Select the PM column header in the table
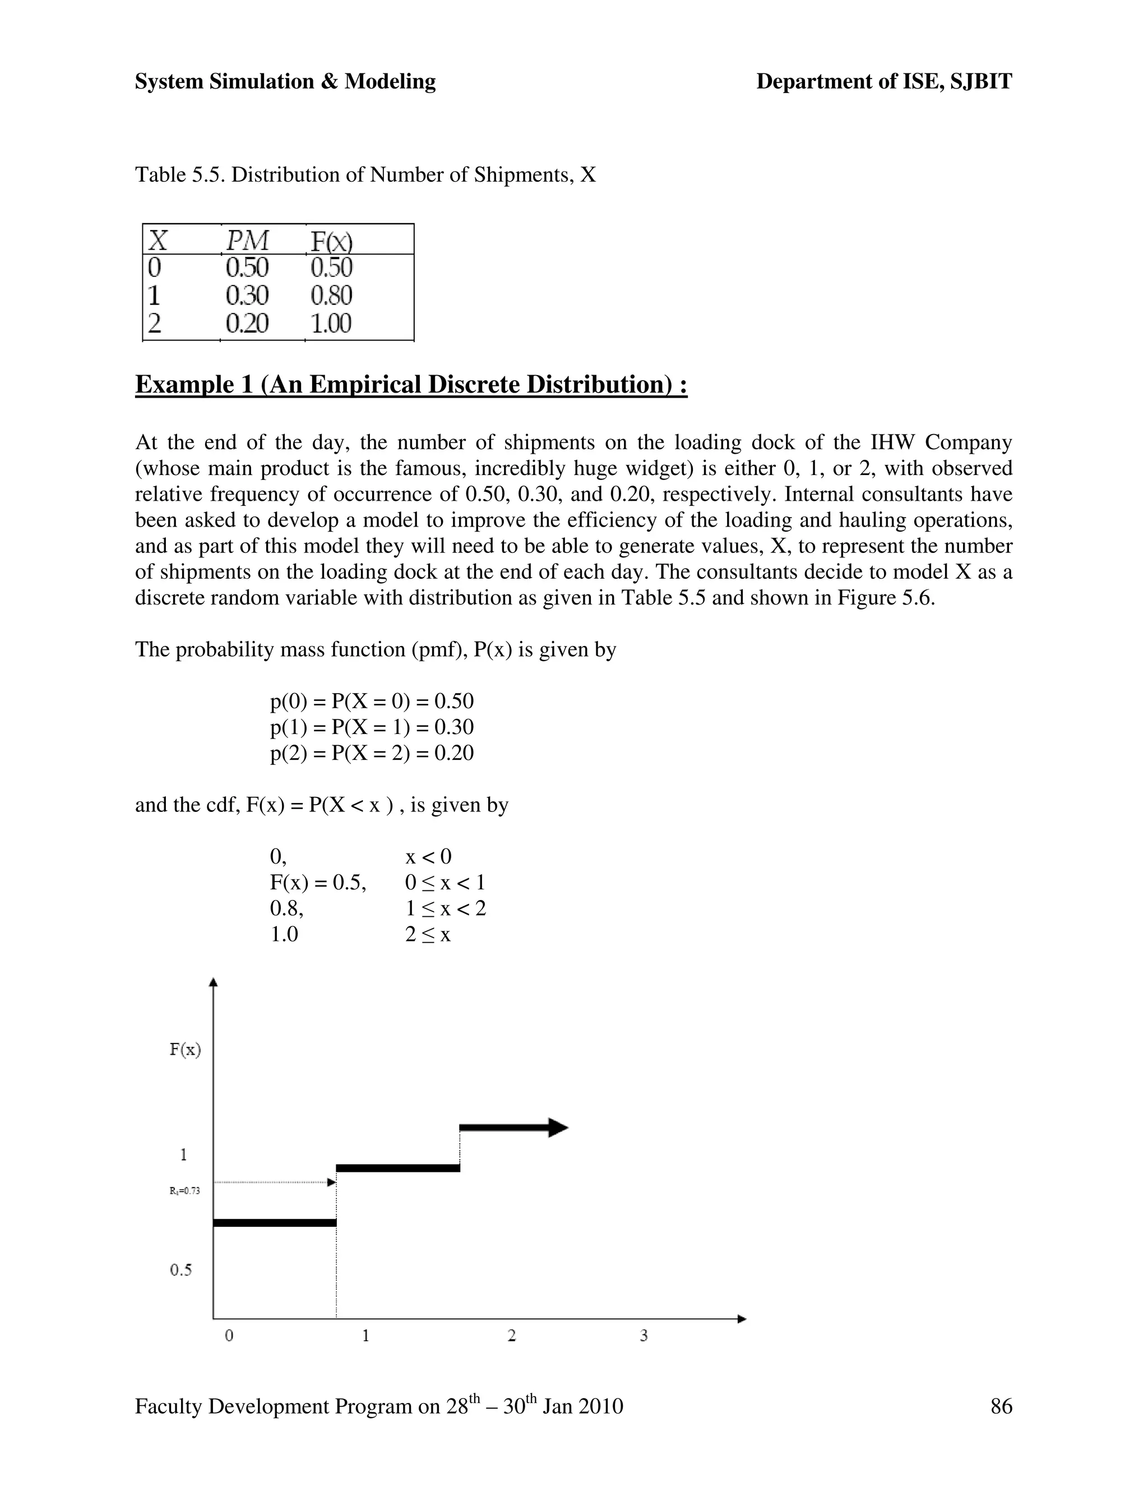[x=248, y=241]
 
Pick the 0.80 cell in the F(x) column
[x=331, y=296]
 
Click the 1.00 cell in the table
[x=331, y=322]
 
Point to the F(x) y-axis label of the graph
[x=185, y=1049]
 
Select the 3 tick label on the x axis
[x=644, y=1336]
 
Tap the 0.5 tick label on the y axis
[x=181, y=1270]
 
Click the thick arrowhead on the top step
[x=558, y=1128]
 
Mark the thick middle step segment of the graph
[x=398, y=1168]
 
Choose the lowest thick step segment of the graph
[x=275, y=1222]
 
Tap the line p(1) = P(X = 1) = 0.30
[x=371, y=727]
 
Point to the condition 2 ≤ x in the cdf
[x=428, y=934]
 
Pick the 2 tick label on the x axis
[x=511, y=1336]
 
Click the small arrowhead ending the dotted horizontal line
[x=332, y=1183]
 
